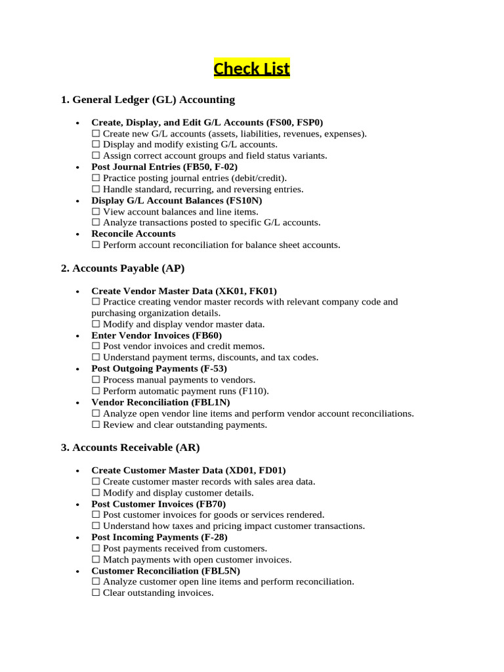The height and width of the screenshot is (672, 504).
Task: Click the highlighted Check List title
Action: [251, 68]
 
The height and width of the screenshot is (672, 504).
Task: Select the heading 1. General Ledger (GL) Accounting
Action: [148, 100]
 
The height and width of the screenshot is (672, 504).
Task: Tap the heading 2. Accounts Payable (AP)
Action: [123, 268]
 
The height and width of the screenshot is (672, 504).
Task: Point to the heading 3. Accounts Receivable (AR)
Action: [130, 448]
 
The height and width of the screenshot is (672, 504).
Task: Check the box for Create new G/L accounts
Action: [96, 133]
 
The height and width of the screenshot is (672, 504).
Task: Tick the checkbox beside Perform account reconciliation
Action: [96, 245]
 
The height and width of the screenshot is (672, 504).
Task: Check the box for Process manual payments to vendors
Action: [96, 380]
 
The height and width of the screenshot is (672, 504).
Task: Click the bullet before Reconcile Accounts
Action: [77, 234]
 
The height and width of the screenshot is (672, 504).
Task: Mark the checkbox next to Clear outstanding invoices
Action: [96, 593]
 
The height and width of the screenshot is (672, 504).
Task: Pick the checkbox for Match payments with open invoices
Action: [96, 560]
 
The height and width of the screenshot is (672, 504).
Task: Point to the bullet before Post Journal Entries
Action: [77, 167]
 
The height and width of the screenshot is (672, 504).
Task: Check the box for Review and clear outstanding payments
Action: [96, 425]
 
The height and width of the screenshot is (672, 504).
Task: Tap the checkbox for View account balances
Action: [96, 212]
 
